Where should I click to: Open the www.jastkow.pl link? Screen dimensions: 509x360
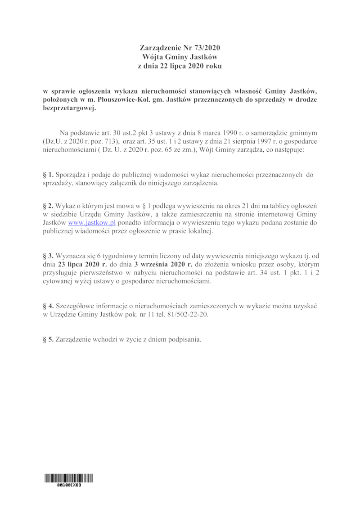pyautogui.click(x=89, y=223)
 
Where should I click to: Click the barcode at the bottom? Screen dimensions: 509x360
pyautogui.click(x=69, y=478)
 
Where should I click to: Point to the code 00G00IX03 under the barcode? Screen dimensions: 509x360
pyautogui.click(x=69, y=486)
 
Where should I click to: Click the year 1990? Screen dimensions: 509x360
pyautogui.click(x=227, y=133)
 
